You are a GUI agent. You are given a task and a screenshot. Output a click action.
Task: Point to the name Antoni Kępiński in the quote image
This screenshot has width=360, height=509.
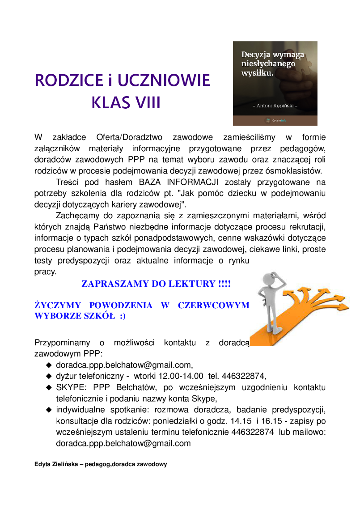pyautogui.click(x=275, y=106)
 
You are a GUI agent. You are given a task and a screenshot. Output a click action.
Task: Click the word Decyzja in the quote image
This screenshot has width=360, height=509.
pyautogui.click(x=257, y=55)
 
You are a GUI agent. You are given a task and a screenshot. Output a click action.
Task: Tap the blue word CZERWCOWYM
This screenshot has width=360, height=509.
pyautogui.click(x=213, y=305)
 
